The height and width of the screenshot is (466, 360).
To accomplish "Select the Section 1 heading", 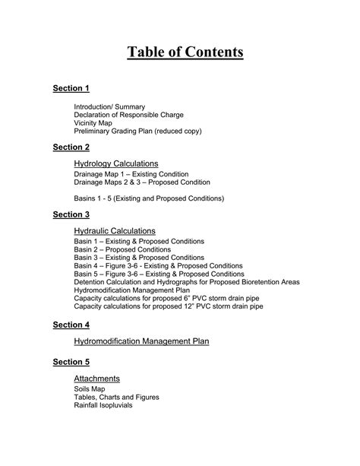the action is coord(71,88).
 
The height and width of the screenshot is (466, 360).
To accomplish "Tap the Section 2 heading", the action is coord(71,147).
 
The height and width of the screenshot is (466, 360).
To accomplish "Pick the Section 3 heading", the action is coord(71,214).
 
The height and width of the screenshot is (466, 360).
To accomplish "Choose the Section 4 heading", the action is coord(71,325).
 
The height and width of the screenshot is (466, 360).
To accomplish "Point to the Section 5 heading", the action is coord(71,361).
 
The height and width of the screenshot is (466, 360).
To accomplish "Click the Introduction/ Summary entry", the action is coord(109,106).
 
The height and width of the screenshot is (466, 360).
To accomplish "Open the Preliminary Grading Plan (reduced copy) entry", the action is coord(137,132).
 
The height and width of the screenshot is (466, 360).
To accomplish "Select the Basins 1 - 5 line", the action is coord(149,198).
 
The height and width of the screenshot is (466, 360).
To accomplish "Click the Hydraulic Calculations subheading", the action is coord(115,230).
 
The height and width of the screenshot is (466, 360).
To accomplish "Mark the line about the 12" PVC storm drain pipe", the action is coord(169,306).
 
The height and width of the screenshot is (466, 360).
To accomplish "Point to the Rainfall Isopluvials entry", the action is coord(103,405).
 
